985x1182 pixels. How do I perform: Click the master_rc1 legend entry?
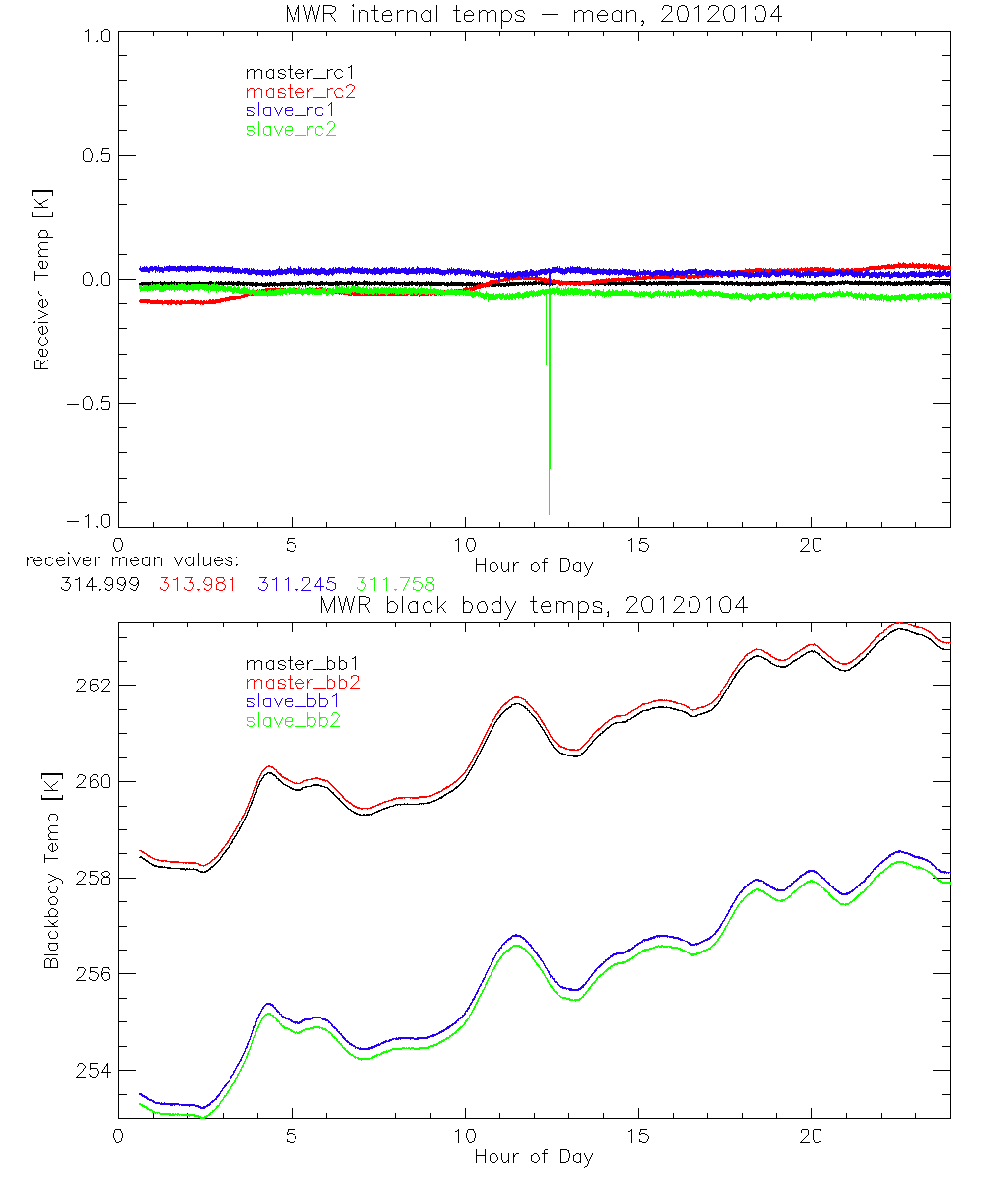point(291,72)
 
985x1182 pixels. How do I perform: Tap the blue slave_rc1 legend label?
point(292,110)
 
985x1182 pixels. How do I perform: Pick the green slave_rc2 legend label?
point(292,129)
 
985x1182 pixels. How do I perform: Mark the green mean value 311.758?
point(395,584)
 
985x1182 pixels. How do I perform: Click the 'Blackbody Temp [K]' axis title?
point(51,871)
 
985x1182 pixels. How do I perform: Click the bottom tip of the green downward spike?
point(549,512)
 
